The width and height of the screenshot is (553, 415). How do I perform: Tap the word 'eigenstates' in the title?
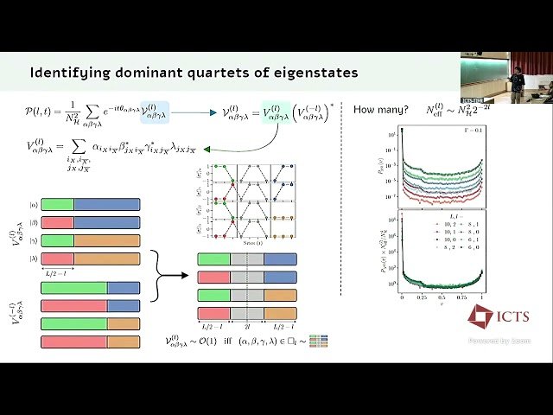313,72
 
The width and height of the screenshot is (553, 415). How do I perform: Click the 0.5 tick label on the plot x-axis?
442,297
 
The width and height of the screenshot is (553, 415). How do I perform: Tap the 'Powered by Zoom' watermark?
500,341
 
